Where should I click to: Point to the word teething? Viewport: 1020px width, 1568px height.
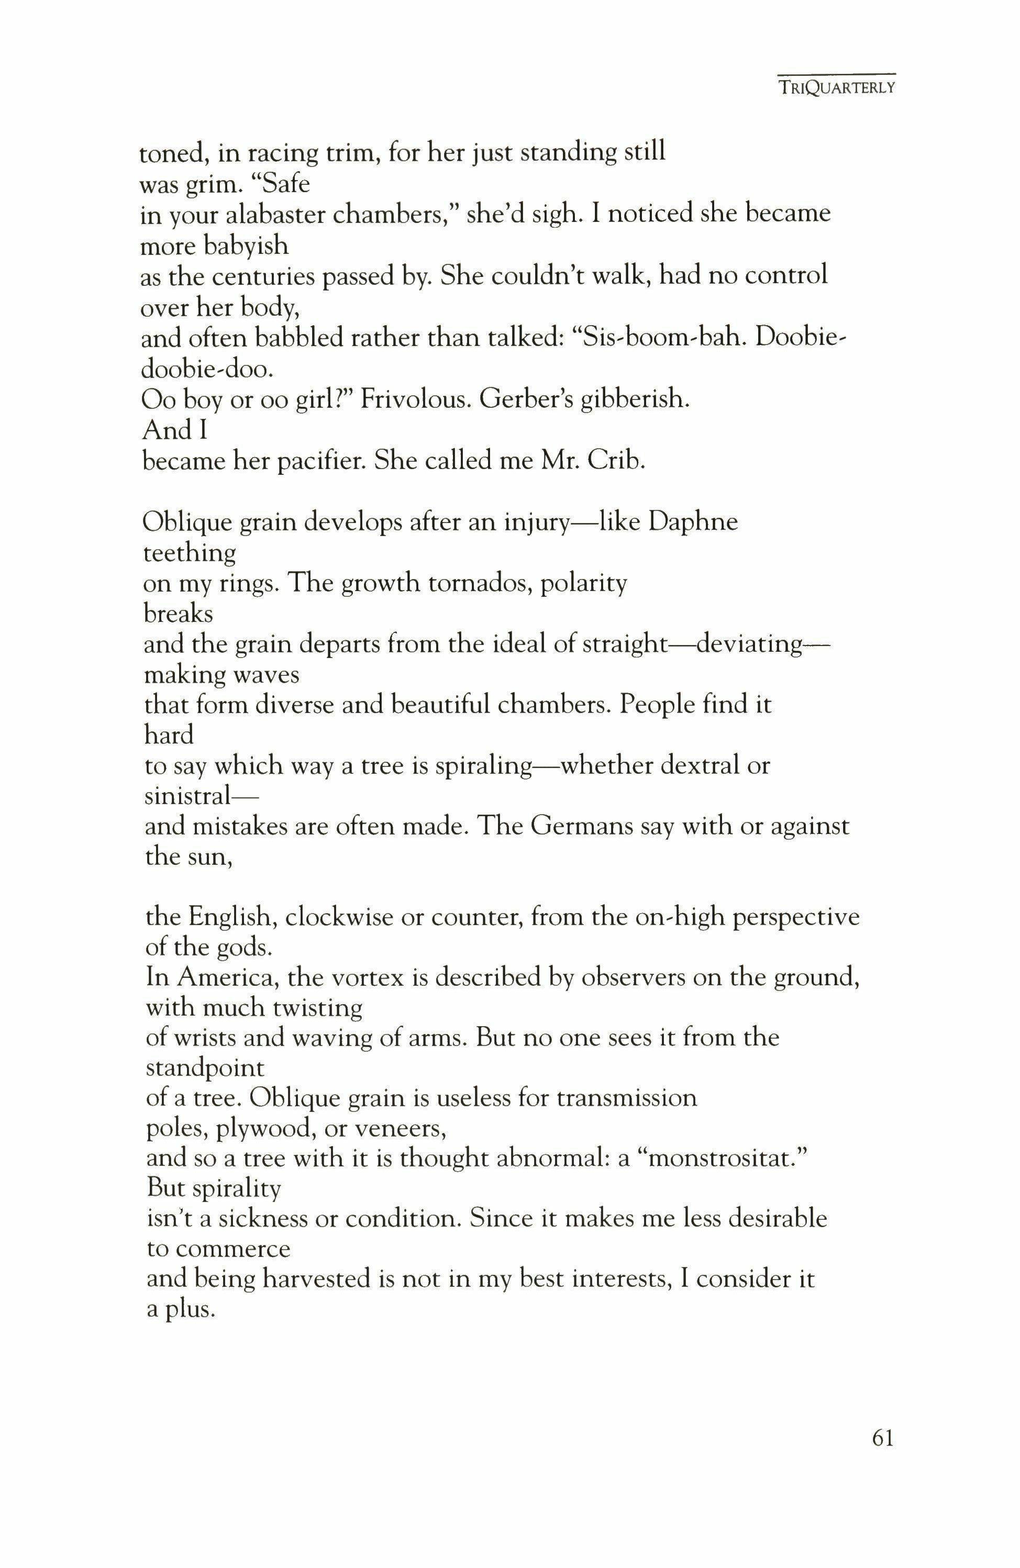(x=189, y=553)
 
